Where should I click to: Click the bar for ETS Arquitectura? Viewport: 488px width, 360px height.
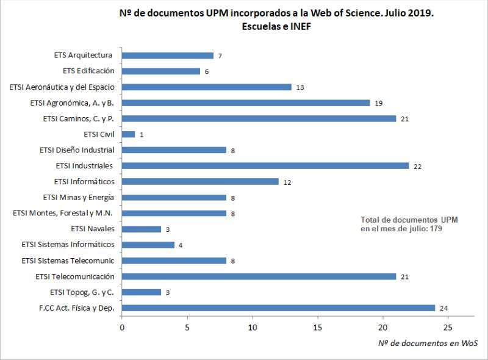(x=168, y=56)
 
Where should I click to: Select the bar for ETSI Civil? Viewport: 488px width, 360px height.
(x=129, y=134)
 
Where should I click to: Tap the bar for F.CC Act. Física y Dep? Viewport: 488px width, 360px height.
(x=278, y=308)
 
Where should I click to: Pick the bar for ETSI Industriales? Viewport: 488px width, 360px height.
(x=265, y=166)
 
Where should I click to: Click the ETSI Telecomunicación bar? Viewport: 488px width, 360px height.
(x=259, y=276)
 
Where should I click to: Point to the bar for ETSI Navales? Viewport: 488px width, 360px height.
(x=142, y=229)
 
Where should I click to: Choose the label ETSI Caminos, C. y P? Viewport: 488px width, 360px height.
(x=79, y=118)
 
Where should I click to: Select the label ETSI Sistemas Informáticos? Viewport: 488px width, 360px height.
(x=68, y=245)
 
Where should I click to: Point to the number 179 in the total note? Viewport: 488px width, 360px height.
(x=434, y=228)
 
